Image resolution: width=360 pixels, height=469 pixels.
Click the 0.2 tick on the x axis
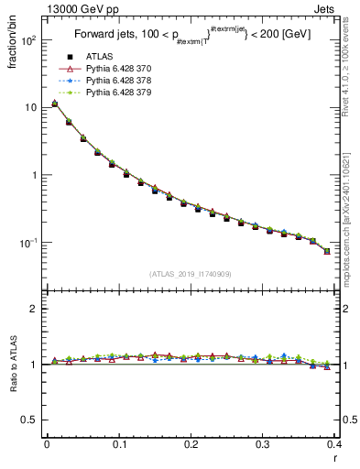191,444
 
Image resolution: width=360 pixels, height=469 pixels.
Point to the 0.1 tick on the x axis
119,444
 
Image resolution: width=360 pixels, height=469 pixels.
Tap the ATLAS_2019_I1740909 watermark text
191,274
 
